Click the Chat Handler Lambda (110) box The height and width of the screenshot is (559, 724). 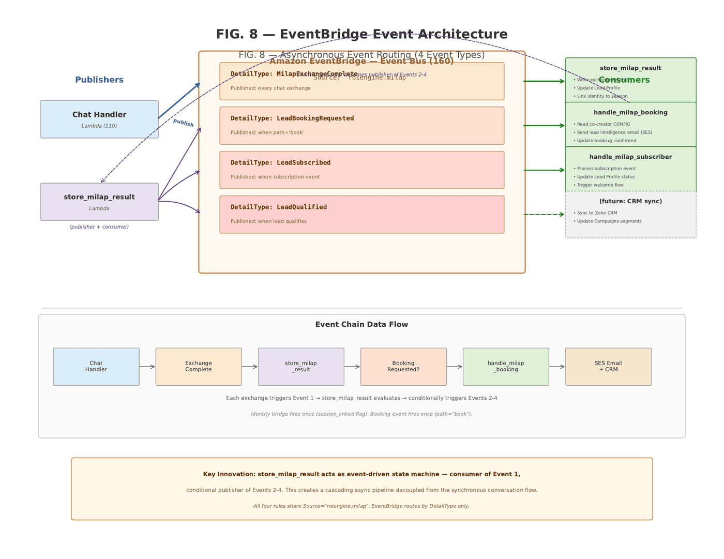pyautogui.click(x=99, y=119)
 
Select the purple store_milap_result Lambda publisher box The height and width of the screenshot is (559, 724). pyautogui.click(x=99, y=202)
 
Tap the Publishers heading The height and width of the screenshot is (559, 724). pyautogui.click(x=99, y=80)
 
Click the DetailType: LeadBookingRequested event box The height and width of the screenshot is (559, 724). pyautogui.click(x=361, y=126)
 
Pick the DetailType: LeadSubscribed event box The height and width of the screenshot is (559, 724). pyautogui.click(x=361, y=170)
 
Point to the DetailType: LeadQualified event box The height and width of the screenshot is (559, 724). pyautogui.click(x=361, y=215)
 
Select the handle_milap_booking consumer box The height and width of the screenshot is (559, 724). pyautogui.click(x=630, y=125)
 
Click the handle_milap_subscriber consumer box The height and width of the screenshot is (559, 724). pyautogui.click(x=630, y=170)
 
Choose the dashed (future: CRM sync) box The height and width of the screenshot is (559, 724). pyautogui.click(x=630, y=215)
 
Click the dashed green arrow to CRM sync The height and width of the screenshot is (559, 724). pyautogui.click(x=544, y=215)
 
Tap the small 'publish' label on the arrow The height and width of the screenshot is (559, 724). pyautogui.click(x=183, y=123)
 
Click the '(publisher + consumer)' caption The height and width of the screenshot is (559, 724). pyautogui.click(x=99, y=227)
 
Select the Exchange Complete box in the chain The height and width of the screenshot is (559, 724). pyautogui.click(x=199, y=367)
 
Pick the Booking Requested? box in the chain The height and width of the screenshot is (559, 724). pyautogui.click(x=403, y=367)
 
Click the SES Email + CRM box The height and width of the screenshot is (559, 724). pyautogui.click(x=608, y=367)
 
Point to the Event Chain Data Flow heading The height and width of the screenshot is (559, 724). pyautogui.click(x=361, y=325)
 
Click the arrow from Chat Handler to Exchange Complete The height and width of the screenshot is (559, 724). pyautogui.click(x=147, y=367)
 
